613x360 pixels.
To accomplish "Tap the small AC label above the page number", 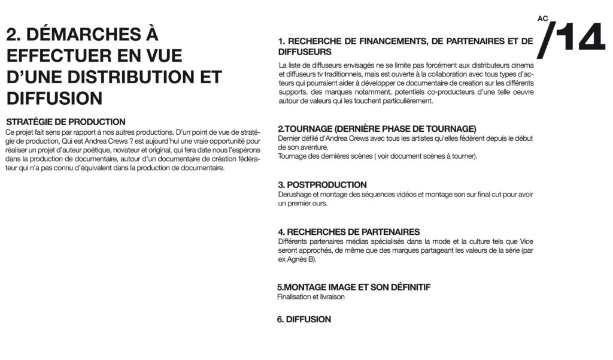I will click(x=543, y=19).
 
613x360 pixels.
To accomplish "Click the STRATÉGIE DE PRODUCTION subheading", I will click(x=66, y=122).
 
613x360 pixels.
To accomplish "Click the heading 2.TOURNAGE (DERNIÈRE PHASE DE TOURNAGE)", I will click(x=377, y=129).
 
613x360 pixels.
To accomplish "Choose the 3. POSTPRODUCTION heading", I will click(x=322, y=184).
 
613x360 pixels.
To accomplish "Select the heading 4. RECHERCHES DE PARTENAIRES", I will click(x=348, y=232).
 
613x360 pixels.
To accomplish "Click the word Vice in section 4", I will click(x=526, y=241).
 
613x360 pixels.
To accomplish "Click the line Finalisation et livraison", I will click(x=311, y=297).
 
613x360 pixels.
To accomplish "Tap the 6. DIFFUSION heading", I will click(x=304, y=319).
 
